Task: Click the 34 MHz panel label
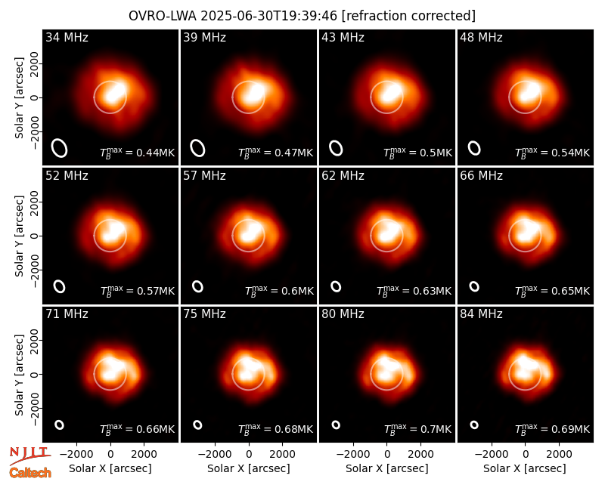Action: [67, 37]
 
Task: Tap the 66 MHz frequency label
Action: [481, 176]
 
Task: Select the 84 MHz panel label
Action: [481, 314]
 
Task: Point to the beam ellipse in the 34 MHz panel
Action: [60, 148]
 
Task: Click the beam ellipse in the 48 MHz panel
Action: [474, 148]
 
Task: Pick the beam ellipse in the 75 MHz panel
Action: [197, 425]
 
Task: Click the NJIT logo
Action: [29, 455]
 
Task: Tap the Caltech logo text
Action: [30, 473]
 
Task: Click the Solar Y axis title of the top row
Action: [20, 98]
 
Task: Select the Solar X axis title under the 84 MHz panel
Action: [525, 468]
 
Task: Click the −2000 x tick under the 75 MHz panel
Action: [215, 455]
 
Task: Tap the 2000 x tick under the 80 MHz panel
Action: [421, 455]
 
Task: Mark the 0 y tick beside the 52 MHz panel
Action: [36, 236]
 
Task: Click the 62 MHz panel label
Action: [343, 176]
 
